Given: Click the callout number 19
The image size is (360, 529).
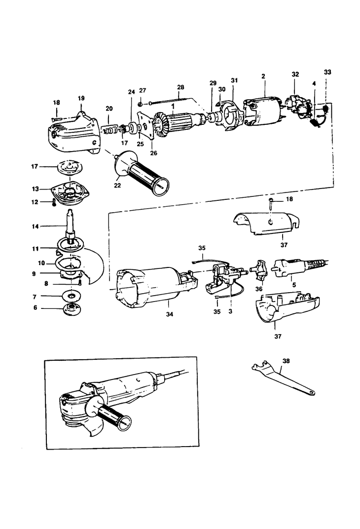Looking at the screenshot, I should pyautogui.click(x=81, y=98).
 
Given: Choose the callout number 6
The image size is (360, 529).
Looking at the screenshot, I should pyautogui.click(x=35, y=307).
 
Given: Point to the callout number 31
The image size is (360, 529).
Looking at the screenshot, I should pyautogui.click(x=234, y=80).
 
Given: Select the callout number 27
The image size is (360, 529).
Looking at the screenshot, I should pyautogui.click(x=143, y=90).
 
